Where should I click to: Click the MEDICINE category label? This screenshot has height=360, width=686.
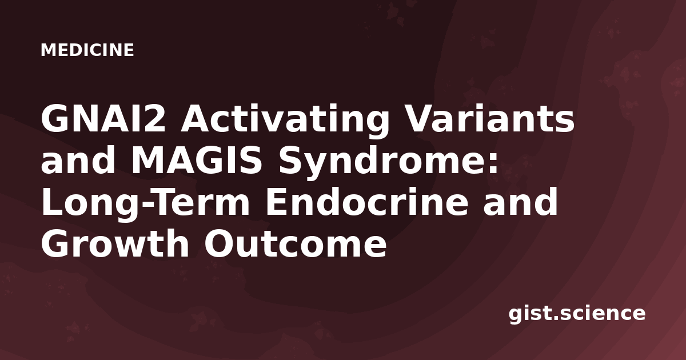(87, 50)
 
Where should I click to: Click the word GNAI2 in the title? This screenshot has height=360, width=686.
(103, 118)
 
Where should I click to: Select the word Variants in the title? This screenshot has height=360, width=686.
(489, 118)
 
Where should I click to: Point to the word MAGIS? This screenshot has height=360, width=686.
(196, 160)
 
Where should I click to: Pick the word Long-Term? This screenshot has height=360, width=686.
(145, 204)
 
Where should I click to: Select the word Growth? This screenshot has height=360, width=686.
(115, 243)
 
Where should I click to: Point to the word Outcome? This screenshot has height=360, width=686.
(295, 243)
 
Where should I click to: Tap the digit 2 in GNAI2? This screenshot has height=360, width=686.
(155, 118)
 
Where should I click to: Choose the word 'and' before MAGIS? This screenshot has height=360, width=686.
(78, 159)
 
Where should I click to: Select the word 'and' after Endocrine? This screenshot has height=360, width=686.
(520, 201)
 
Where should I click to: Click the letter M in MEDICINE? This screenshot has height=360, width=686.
(47, 50)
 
